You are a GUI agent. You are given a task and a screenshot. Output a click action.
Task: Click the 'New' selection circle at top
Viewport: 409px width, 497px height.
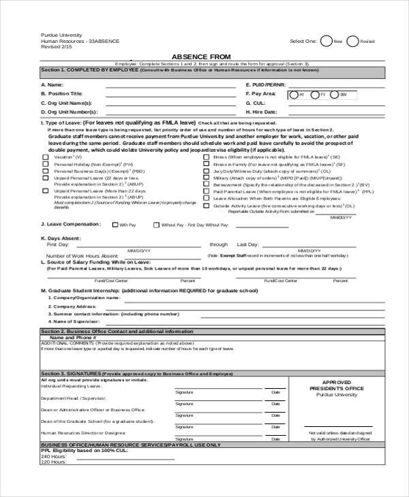[327, 40]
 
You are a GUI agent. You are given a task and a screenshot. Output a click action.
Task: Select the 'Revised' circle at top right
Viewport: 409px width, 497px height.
[352, 40]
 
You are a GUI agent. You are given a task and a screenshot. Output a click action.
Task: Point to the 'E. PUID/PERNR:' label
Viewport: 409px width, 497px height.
[262, 84]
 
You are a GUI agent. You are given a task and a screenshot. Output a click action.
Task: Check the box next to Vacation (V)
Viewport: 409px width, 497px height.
[46, 157]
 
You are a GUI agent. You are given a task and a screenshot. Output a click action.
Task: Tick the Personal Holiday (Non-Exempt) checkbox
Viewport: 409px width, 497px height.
[46, 164]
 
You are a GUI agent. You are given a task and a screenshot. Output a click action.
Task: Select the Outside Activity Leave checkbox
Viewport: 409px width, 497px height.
[207, 205]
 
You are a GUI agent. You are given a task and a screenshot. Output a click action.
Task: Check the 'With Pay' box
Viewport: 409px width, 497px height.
[115, 224]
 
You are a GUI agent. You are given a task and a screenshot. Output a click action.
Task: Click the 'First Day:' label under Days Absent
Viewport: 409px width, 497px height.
[57, 244]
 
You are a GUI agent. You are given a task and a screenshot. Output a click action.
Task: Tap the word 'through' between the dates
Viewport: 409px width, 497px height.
[218, 244]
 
